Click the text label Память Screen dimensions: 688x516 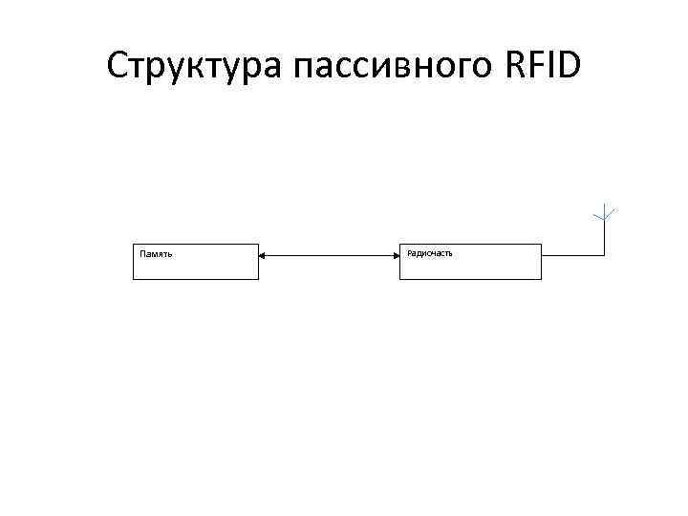tap(157, 254)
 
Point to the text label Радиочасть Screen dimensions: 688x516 tap(429, 253)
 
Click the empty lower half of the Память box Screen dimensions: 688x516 tap(195, 269)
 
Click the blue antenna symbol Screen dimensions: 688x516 tap(604, 213)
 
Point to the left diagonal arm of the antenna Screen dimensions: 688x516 tap(597, 213)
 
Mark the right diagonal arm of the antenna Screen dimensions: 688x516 tap(611, 213)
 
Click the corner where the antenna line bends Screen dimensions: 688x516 tap(604, 255)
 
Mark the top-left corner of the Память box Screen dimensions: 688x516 tap(132, 245)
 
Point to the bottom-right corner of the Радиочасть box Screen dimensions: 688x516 tap(541, 279)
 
